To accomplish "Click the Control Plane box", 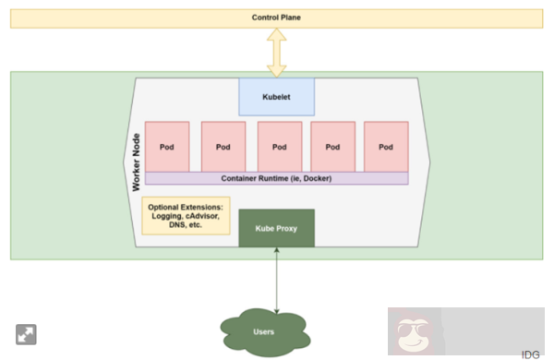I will click(276, 18).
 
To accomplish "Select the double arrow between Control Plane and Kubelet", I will click(276, 52).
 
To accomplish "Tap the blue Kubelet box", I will click(276, 96).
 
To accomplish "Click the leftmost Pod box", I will click(167, 146).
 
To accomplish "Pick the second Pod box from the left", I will click(223, 146).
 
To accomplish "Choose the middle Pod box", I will click(280, 146).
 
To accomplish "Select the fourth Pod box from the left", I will click(333, 146).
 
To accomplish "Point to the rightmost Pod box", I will click(386, 146).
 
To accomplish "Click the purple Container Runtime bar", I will click(276, 178).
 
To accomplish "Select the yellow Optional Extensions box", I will click(186, 215).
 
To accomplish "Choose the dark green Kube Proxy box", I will click(276, 228).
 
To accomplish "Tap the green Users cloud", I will click(264, 330).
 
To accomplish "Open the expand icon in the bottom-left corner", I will click(24, 333).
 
